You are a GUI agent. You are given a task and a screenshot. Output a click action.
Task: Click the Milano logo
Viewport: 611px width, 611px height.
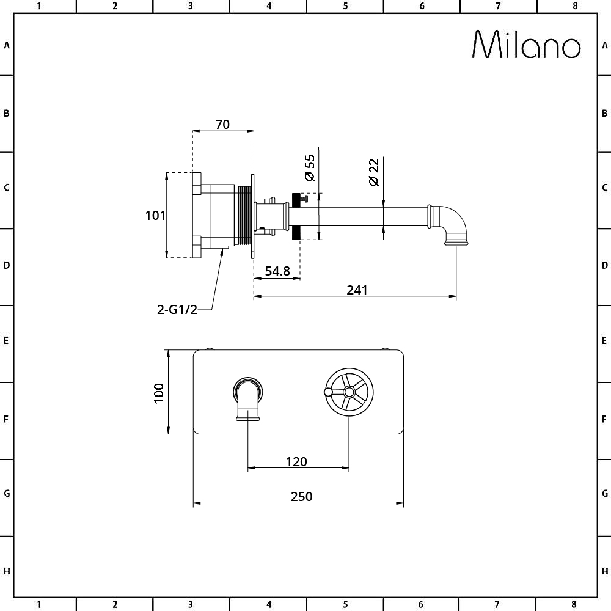pos(526,45)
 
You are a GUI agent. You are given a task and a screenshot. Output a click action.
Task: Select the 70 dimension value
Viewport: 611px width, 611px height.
pos(222,124)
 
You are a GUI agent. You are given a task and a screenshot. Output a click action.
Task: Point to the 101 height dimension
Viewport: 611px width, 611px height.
pos(155,215)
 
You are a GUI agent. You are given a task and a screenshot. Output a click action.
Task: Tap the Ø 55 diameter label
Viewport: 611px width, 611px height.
pos(309,167)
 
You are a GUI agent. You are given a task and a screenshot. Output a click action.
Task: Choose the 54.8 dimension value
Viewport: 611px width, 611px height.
pos(277,271)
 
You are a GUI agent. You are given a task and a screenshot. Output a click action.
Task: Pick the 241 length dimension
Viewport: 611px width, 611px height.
pos(357,290)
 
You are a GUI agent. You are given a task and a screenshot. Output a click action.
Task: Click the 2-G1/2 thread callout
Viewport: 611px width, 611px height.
pos(177,309)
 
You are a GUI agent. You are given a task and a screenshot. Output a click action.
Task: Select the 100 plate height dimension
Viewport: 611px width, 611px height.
pos(159,392)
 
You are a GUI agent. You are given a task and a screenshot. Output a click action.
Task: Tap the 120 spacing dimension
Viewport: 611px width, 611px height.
pos(296,461)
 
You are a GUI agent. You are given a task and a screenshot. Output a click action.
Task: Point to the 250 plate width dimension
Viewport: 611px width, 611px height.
pos(301,496)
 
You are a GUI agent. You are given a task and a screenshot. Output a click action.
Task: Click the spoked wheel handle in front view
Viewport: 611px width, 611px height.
pos(348,392)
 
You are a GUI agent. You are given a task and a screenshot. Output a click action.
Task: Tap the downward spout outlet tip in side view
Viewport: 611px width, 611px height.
pos(456,244)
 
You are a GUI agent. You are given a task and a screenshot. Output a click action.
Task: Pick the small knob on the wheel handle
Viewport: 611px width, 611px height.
pos(328,392)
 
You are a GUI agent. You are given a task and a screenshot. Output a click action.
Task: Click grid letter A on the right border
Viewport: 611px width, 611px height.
pos(604,45)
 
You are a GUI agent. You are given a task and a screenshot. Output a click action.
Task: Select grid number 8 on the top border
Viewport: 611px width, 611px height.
pos(574,6)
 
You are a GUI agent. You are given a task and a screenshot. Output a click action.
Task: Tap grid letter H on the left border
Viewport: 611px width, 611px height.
pos(7,571)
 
